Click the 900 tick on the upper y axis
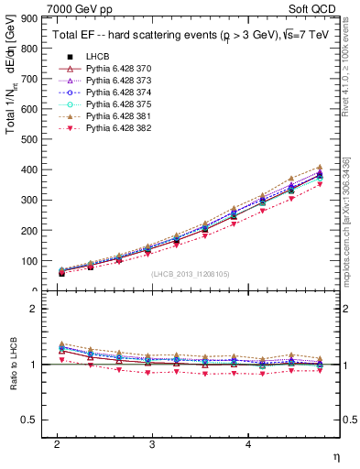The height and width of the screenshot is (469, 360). click(31, 18)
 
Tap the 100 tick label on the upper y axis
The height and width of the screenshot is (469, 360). click(31, 261)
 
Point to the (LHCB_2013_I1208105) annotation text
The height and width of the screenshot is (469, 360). click(191, 273)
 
